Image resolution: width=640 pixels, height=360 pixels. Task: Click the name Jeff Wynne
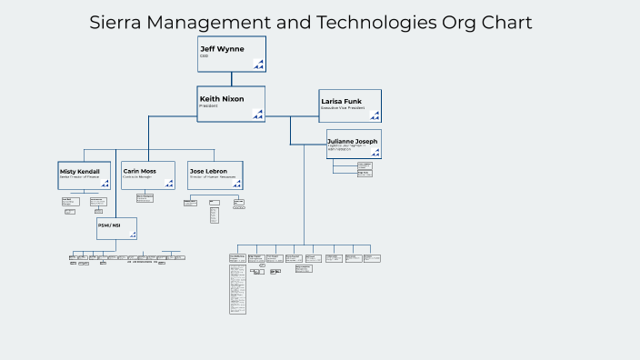coord(222,49)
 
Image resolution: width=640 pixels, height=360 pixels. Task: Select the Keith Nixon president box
coord(231,104)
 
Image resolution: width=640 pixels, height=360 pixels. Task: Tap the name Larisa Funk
coord(342,102)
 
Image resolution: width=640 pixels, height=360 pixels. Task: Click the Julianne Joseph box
coord(354,144)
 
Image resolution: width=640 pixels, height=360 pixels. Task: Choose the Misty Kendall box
coord(85,175)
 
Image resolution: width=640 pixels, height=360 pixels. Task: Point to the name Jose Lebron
coord(208,171)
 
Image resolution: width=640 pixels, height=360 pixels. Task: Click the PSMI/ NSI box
coord(116,228)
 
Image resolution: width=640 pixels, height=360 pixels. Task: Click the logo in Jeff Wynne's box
coord(258,64)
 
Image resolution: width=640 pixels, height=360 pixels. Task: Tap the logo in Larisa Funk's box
coord(375,115)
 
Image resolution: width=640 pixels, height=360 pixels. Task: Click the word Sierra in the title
coord(119,23)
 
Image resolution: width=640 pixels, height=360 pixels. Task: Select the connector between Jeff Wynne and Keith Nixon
coord(231,79)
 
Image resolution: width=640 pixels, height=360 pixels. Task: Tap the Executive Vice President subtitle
coord(343,109)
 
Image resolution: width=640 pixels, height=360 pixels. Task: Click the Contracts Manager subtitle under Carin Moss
coord(137,177)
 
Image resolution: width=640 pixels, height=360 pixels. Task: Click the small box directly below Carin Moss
coord(145,197)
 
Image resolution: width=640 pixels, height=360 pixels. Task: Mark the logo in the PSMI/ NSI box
coord(132,235)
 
